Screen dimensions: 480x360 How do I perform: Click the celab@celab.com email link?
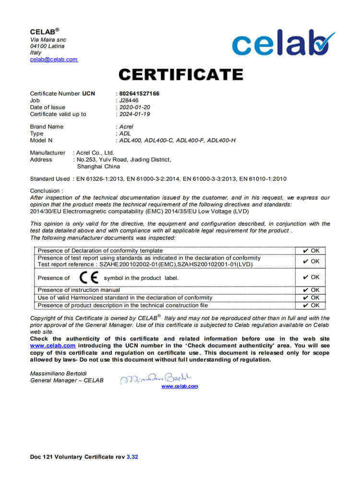54,60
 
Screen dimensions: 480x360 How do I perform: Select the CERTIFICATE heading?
181,75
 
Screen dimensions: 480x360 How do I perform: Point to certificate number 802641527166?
139,94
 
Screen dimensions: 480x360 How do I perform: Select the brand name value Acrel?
126,127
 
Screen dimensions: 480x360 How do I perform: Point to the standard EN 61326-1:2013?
99,179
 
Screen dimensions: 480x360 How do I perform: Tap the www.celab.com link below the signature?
180,386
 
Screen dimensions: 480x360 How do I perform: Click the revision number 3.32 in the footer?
132,457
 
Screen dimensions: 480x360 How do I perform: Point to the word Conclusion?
46,191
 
